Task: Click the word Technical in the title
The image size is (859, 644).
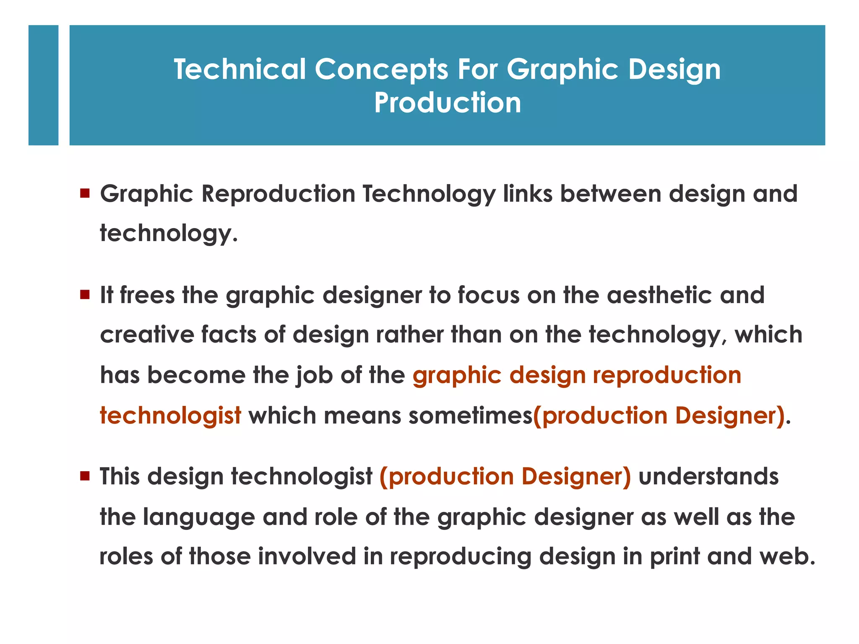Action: tap(239, 69)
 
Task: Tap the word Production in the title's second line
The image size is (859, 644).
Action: tap(447, 103)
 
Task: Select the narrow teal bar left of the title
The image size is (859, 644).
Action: tap(43, 85)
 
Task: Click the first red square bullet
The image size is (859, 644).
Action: tap(85, 193)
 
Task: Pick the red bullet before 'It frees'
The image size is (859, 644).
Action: tap(85, 295)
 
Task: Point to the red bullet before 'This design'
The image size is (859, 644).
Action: tap(85, 476)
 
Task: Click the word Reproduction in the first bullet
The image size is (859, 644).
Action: tap(278, 194)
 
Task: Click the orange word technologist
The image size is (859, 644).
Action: tap(170, 415)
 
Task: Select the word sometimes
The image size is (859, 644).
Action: tap(470, 415)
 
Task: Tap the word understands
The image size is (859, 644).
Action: tap(708, 476)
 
